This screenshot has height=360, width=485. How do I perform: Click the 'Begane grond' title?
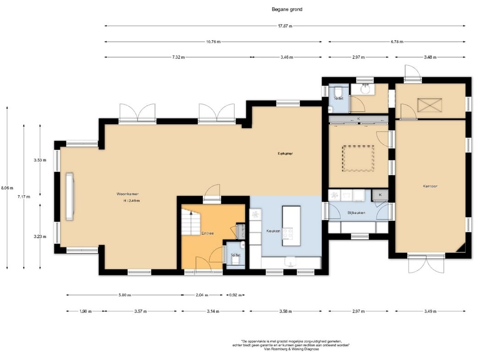(287, 9)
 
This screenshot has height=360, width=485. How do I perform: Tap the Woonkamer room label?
(127, 194)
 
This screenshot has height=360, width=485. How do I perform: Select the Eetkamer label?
(285, 153)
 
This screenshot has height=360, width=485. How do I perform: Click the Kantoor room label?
(430, 186)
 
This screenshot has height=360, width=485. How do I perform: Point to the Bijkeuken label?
(356, 213)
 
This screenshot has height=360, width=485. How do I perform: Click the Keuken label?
(273, 231)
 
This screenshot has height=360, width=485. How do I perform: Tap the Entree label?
(208, 233)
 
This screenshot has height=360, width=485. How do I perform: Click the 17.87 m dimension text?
(285, 26)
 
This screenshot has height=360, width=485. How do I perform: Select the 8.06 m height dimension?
(7, 188)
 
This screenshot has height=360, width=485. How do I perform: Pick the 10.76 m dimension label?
(213, 42)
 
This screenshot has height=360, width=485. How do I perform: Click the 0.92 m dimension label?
(235, 295)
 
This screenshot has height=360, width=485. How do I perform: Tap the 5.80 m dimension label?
(125, 295)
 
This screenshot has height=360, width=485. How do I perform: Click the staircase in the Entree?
(191, 222)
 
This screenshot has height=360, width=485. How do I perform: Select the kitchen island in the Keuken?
(291, 226)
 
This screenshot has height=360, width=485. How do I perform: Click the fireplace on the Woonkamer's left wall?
(69, 196)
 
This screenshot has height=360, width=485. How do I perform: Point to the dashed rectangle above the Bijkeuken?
(358, 158)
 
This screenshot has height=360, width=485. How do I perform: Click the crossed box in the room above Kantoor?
(430, 105)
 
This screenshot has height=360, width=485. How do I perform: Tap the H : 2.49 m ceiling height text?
(132, 201)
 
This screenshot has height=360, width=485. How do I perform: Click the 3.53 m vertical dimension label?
(40, 160)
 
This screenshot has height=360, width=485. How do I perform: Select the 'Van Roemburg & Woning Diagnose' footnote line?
(291, 349)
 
